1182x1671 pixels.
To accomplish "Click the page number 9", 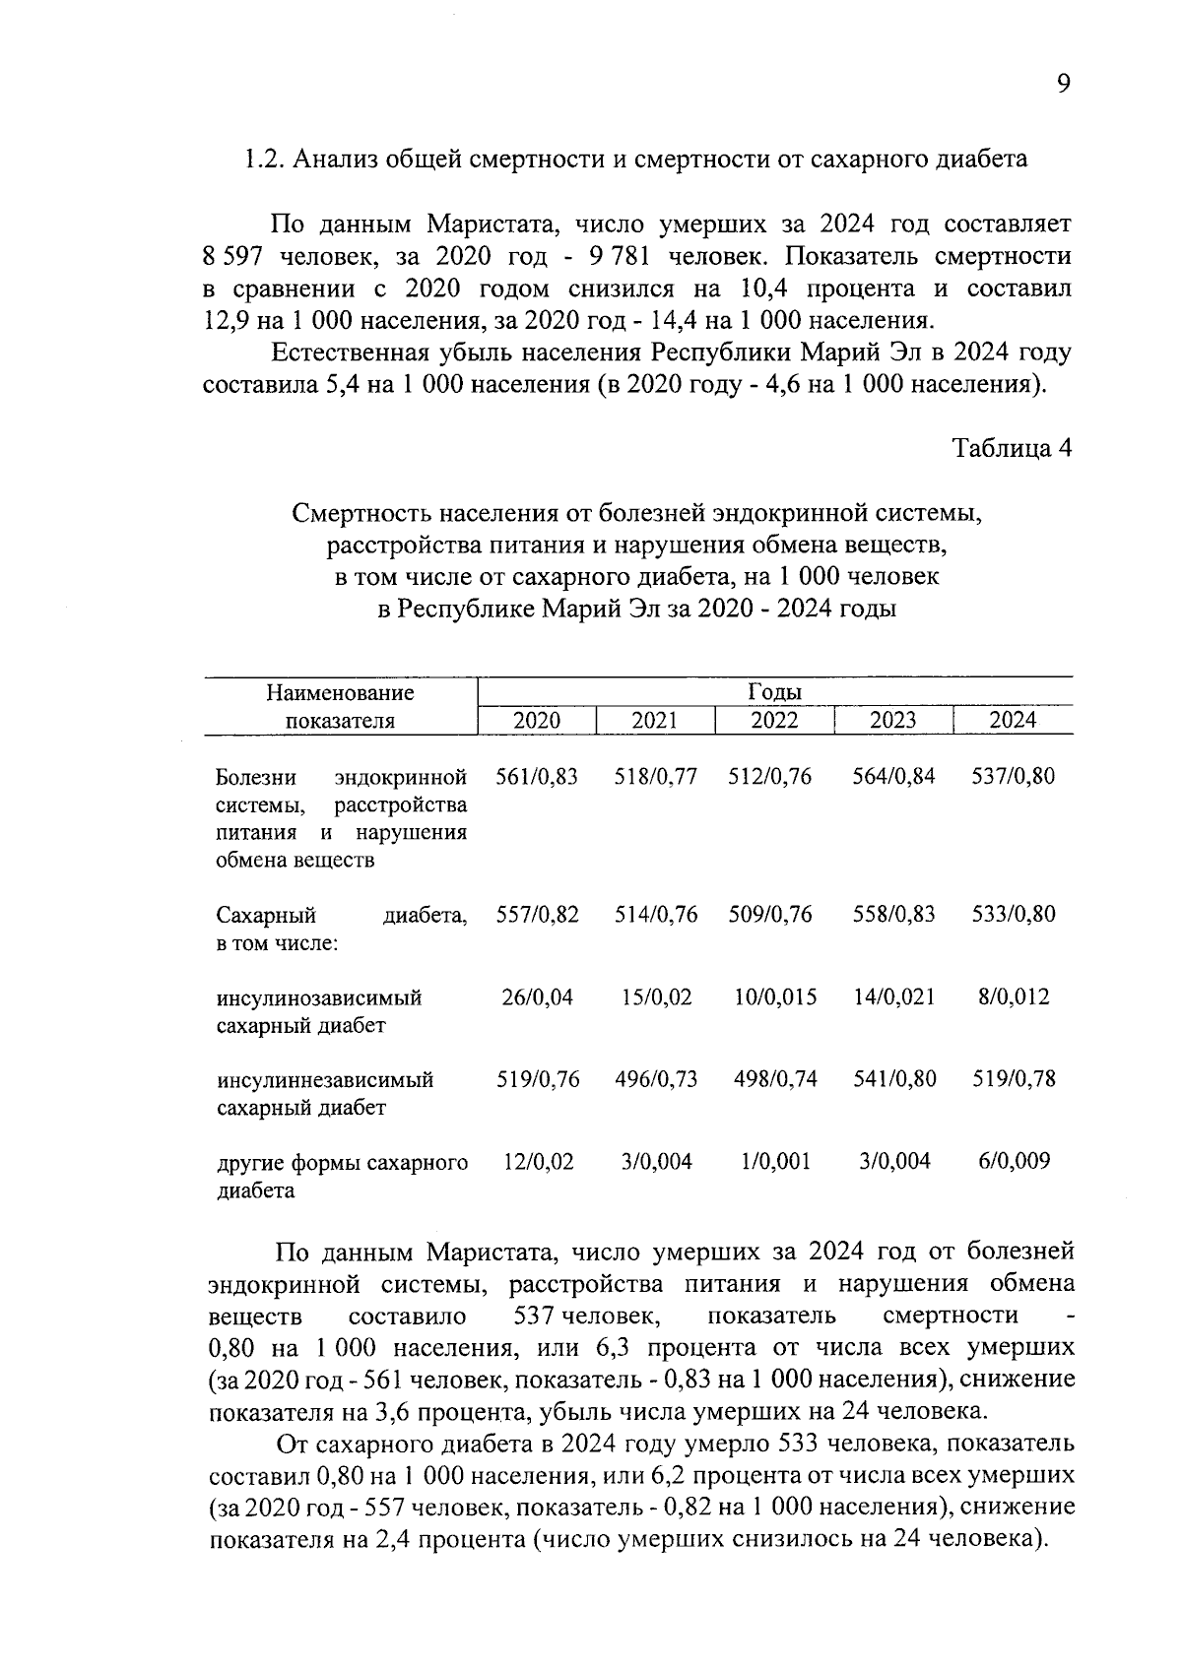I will [1063, 85].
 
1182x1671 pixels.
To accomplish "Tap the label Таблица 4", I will [1012, 448].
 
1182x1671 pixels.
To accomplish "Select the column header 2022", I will [774, 720].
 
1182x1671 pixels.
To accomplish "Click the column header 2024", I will [1013, 720].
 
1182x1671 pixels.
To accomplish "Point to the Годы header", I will [774, 692].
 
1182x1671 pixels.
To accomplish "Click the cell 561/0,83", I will [537, 776].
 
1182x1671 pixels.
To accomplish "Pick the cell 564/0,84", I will [893, 776].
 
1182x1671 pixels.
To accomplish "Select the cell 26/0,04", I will [537, 996].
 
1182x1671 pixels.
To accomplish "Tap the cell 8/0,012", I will [1014, 996].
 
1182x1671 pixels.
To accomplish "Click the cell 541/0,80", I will [894, 1078].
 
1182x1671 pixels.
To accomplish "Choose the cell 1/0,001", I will [775, 1161].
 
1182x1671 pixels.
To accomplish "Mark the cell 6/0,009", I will [1014, 1161].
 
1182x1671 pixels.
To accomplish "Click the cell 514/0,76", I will [656, 915].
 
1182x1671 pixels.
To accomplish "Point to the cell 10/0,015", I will [775, 996].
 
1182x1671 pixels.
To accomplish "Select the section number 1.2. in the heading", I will [265, 160].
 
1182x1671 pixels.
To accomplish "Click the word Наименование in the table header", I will [340, 692].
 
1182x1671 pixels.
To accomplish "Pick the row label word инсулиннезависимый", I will [325, 1079].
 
